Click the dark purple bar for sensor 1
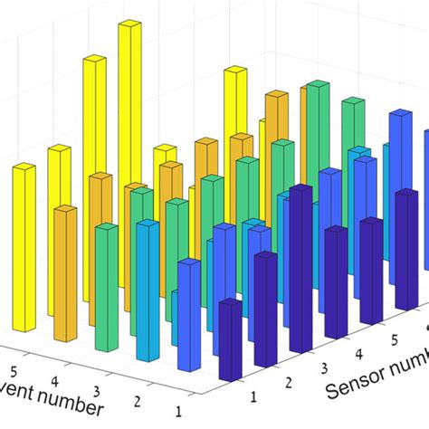coord(230,339)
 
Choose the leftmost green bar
coord(107,290)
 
